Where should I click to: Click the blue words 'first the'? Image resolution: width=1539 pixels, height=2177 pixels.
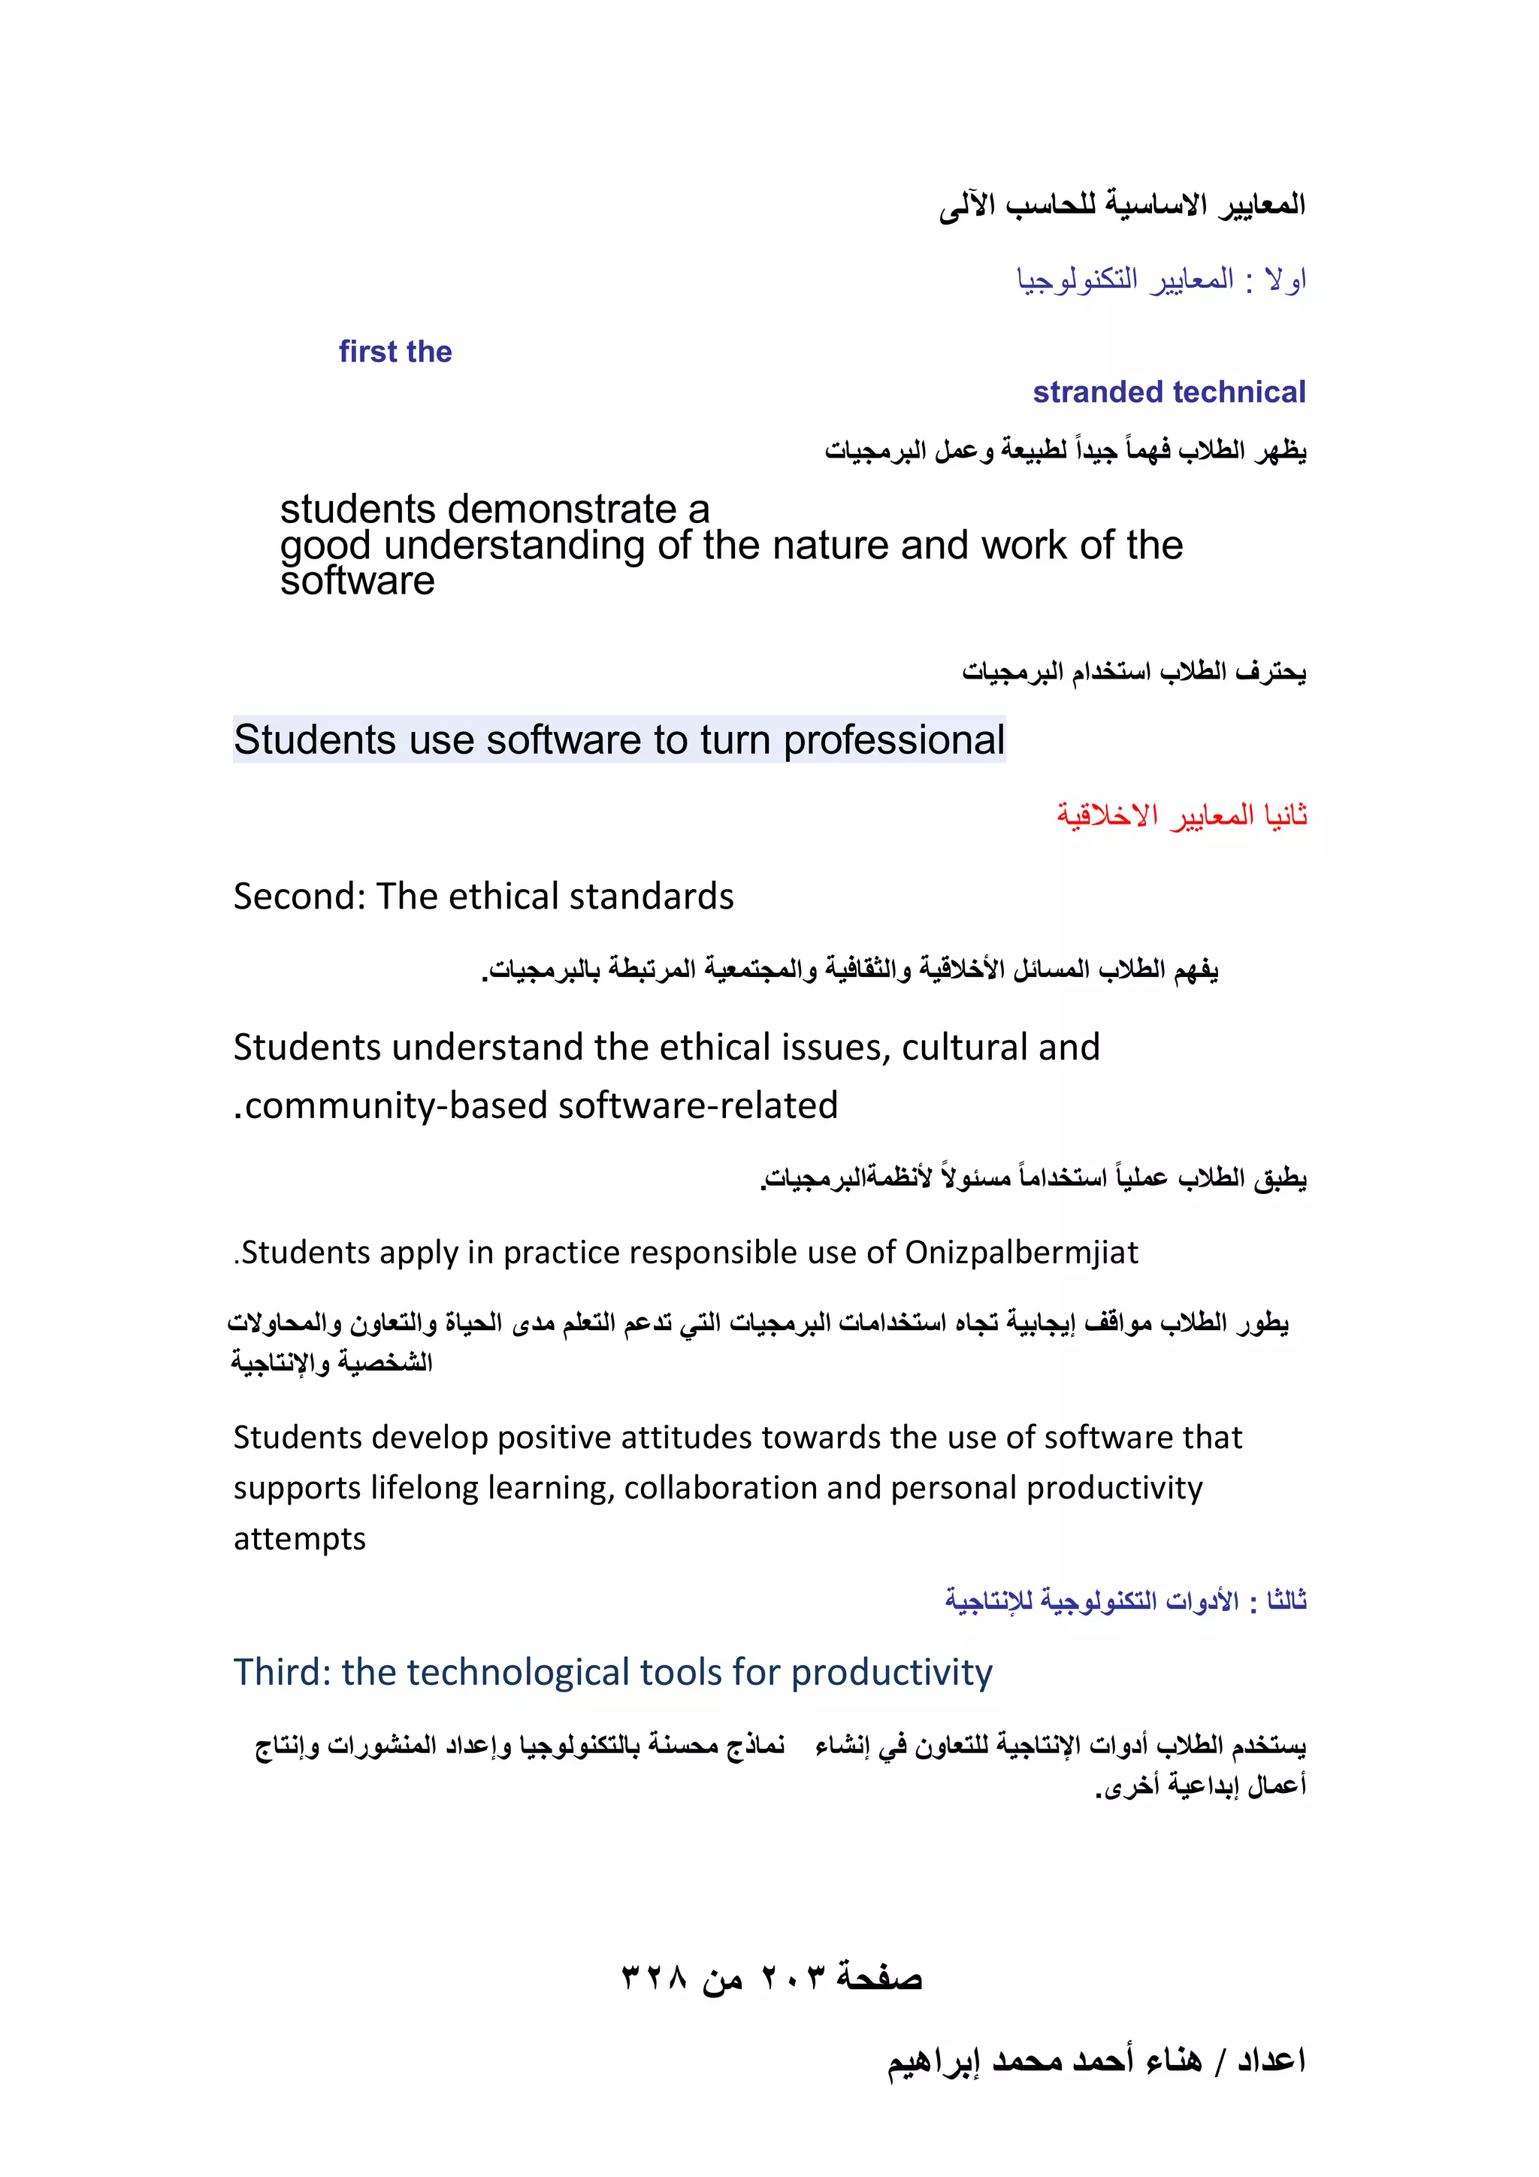[395, 352]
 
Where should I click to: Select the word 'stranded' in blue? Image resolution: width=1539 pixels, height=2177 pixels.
[1098, 392]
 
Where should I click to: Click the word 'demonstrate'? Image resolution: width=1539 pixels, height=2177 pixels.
[564, 510]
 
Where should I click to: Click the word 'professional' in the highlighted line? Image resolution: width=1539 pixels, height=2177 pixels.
[893, 739]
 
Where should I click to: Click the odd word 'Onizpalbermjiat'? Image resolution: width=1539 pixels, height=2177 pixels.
[1020, 1253]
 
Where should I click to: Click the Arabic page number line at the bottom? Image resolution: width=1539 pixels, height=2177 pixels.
[771, 1978]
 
